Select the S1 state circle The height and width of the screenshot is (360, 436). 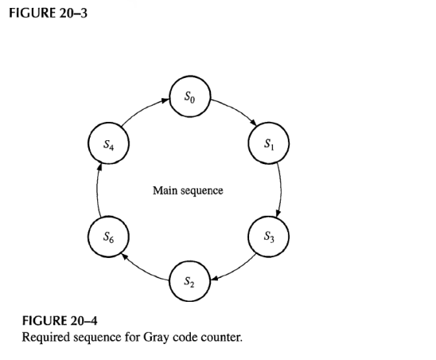(271, 145)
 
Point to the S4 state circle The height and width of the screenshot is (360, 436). (106, 145)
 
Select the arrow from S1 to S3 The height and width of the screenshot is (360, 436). (281, 190)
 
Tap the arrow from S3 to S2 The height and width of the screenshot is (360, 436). (235, 268)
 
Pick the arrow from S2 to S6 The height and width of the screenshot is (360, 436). (142, 268)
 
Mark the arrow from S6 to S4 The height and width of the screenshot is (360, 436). (96, 190)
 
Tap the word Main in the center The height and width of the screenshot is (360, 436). (165, 190)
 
